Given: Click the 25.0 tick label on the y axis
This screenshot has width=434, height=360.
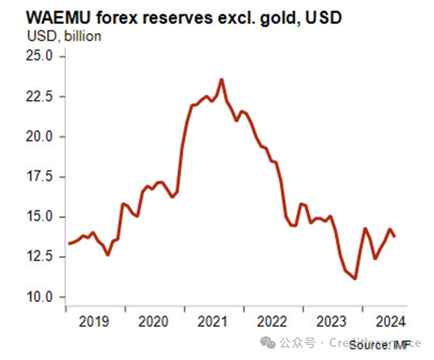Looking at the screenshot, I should tap(40, 57).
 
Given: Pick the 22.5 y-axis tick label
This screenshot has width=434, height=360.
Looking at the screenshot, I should tap(40, 97).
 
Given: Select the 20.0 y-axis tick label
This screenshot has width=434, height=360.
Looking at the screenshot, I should tap(40, 137).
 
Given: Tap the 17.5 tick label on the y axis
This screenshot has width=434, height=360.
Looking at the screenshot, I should tap(40, 177).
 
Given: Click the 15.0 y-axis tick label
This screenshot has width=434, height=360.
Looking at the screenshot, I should tap(40, 217).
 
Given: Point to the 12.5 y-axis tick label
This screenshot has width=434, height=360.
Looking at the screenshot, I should tap(40, 257).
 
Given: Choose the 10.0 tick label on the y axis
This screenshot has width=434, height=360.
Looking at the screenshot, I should tap(40, 297).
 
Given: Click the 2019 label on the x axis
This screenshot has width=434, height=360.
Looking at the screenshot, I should tap(94, 321).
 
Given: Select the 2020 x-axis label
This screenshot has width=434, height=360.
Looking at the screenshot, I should tap(153, 321).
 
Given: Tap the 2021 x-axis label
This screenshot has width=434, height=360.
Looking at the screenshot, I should tap(211, 321).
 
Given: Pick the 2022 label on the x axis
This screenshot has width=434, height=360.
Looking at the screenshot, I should tap(270, 321).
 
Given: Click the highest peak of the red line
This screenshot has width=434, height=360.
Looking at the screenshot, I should tap(222, 79).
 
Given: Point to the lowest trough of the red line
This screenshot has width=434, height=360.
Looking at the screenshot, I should tap(355, 279).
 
